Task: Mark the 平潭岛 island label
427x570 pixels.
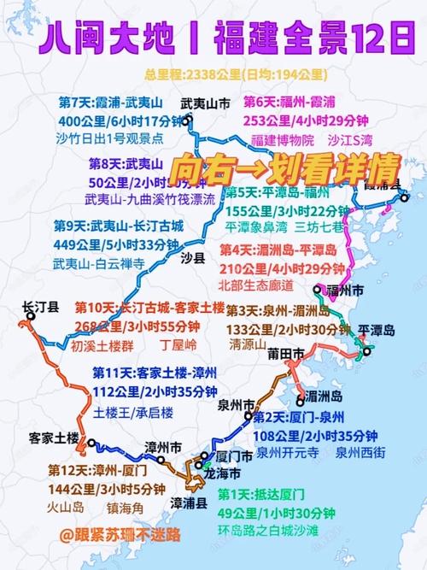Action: [x=377, y=330]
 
